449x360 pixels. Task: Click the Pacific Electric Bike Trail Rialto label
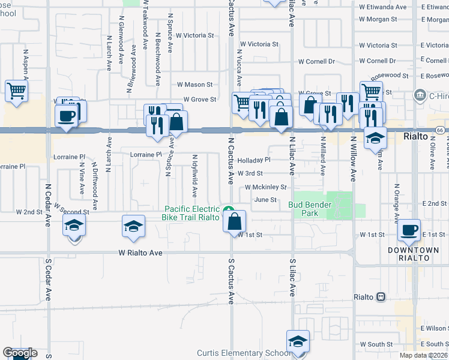click(192, 213)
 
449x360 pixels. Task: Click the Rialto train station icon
click(380, 297)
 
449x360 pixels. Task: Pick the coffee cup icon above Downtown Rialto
click(410, 230)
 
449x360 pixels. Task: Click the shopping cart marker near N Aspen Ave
click(16, 92)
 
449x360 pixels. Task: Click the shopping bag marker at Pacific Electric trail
click(234, 221)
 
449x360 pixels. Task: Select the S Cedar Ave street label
click(48, 279)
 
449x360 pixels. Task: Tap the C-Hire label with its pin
click(429, 95)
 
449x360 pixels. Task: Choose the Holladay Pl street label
click(254, 160)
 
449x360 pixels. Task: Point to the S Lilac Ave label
click(292, 278)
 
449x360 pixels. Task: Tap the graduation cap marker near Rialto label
click(375, 139)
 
